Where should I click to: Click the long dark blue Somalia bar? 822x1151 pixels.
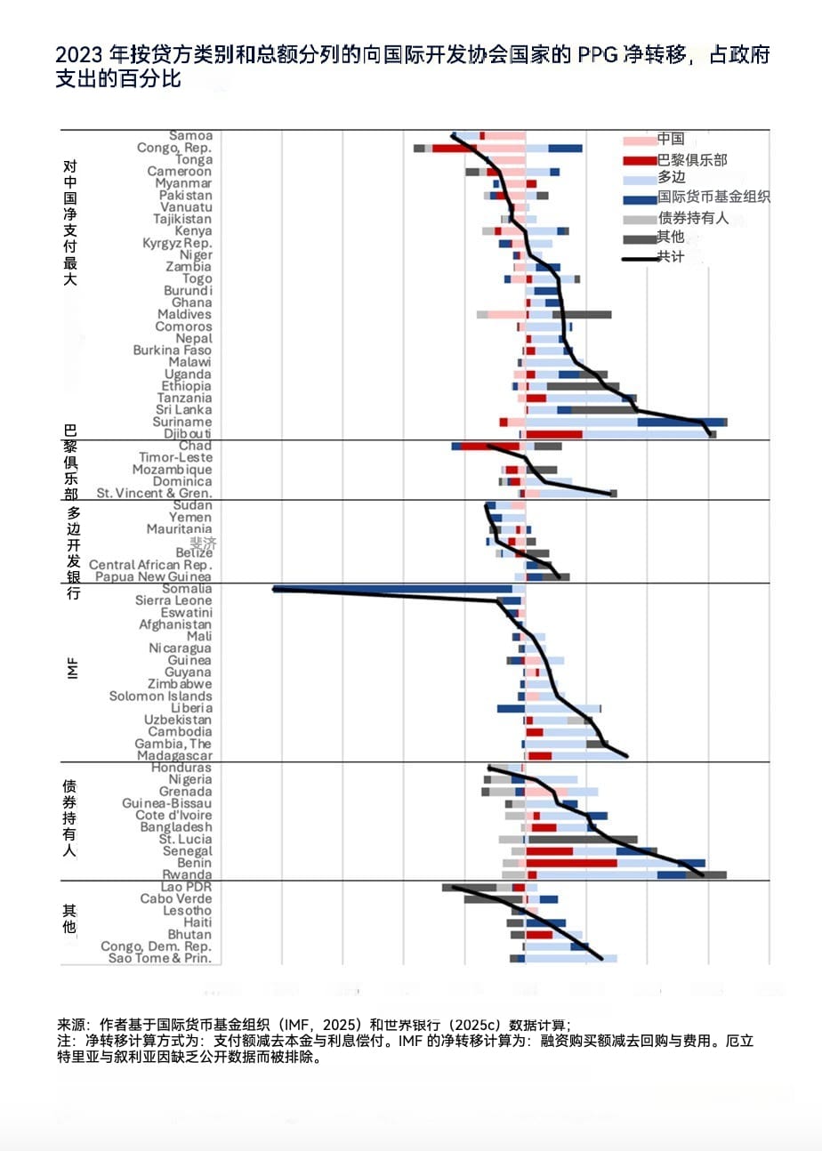coord(391,589)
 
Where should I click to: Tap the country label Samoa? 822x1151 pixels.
coord(190,136)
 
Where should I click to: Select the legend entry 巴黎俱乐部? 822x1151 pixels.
coord(691,160)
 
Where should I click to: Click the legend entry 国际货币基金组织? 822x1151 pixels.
coord(713,197)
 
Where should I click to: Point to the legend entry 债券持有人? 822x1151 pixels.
coord(692,218)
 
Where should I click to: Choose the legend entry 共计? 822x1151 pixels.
coord(670,256)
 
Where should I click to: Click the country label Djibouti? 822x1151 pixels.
coord(188,434)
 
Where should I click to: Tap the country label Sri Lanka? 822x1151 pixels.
coord(184,410)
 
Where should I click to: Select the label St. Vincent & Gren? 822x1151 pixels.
coord(154,493)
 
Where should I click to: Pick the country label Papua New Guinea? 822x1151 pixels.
coord(153,576)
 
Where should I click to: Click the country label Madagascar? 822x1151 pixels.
coord(174,756)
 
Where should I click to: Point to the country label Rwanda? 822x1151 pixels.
coord(187,875)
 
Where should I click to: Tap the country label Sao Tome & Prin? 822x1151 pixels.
coord(160,958)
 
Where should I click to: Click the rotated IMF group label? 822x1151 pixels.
coord(71,668)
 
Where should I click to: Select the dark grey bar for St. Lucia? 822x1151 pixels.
coord(583,839)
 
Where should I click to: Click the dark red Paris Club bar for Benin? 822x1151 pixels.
coord(571,863)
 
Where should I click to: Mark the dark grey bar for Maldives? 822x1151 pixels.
coord(582,314)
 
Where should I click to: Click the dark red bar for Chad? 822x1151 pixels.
coord(489,446)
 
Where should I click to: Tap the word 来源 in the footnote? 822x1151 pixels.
coord(68,1025)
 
